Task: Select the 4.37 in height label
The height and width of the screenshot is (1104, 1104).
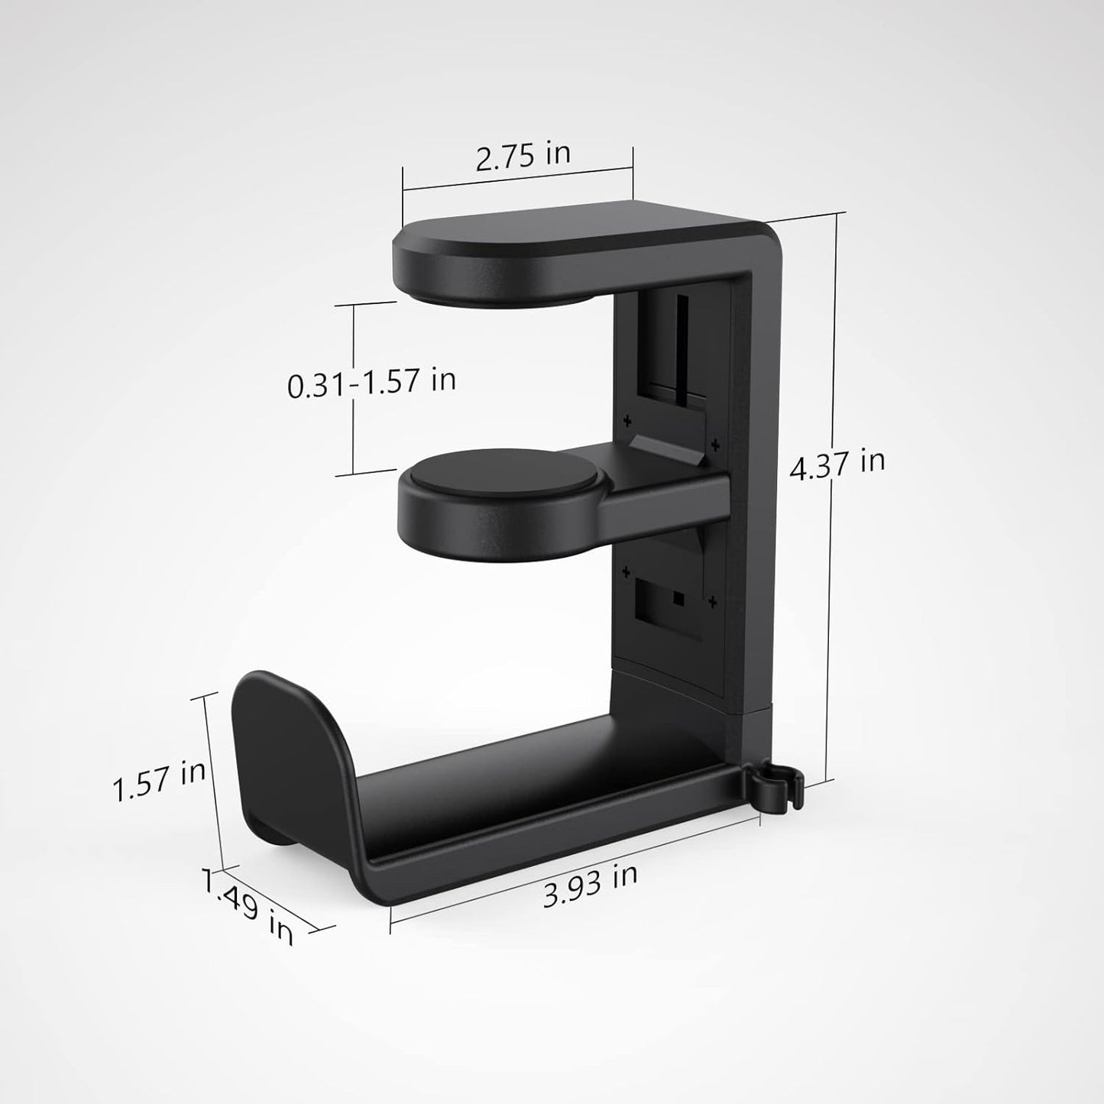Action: click(837, 465)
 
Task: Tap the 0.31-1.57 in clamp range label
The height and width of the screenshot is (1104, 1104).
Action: click(371, 381)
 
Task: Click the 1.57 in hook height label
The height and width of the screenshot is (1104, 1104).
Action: click(159, 779)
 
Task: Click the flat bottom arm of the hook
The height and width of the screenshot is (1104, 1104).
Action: click(535, 795)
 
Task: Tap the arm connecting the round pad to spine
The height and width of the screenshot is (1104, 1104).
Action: click(657, 497)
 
